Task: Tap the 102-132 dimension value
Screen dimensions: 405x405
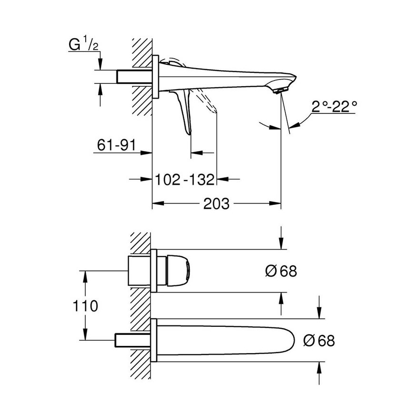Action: [185, 180]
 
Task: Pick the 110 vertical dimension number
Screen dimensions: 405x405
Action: [86, 305]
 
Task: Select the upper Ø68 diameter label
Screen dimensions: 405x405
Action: [281, 271]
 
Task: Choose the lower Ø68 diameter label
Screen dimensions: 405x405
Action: [319, 340]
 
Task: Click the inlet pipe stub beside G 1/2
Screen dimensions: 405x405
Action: [133, 77]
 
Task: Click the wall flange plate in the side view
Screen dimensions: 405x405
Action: [155, 77]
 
